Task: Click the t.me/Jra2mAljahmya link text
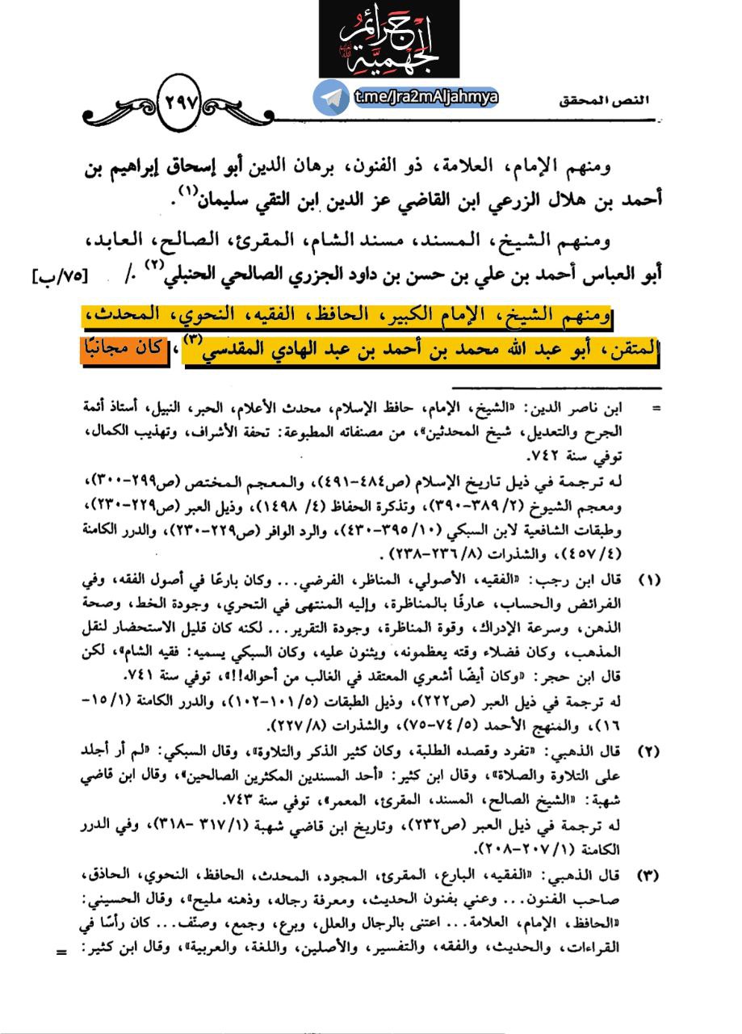pyautogui.click(x=425, y=98)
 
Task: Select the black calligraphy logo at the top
pyautogui.click(x=389, y=40)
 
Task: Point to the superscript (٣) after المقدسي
pyautogui.click(x=195, y=341)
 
